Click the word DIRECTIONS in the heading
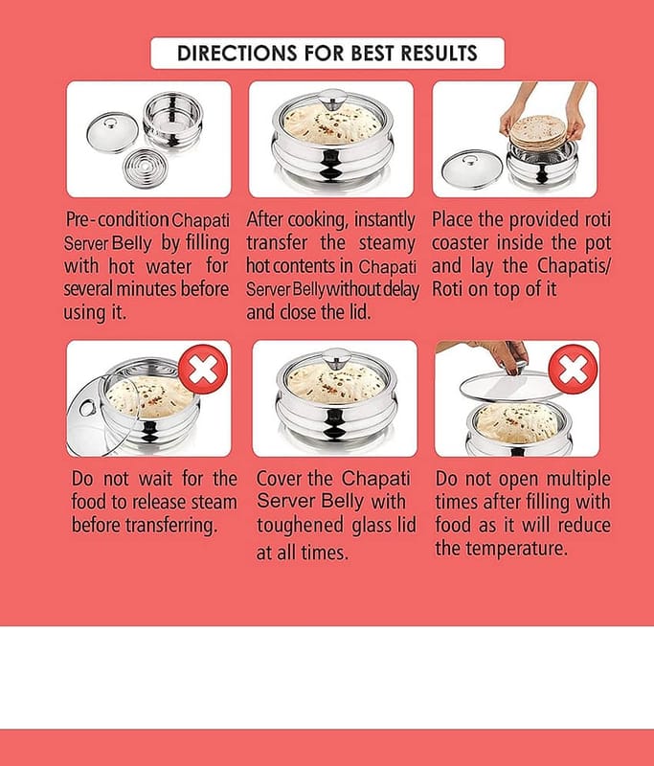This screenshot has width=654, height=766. click(x=237, y=54)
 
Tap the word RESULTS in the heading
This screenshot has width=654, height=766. click(x=440, y=54)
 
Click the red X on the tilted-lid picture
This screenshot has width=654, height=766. click(x=203, y=370)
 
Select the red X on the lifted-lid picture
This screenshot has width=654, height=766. click(x=574, y=370)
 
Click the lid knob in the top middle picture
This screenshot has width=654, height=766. click(x=332, y=99)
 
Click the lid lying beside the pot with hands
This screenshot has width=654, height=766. click(x=472, y=169)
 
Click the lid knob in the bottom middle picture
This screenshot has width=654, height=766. click(x=336, y=358)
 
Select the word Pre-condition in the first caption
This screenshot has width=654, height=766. click(x=117, y=220)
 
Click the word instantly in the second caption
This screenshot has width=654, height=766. click(x=384, y=220)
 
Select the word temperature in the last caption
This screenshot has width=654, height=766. click(x=516, y=549)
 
